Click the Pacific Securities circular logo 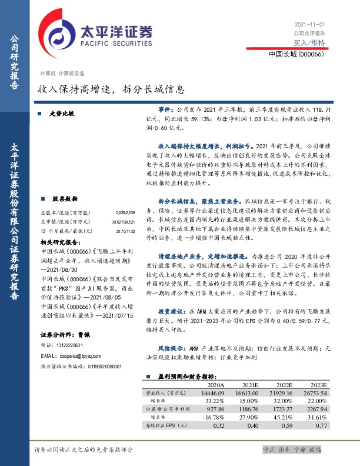click(56, 32)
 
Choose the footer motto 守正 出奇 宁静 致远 click(292, 450)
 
